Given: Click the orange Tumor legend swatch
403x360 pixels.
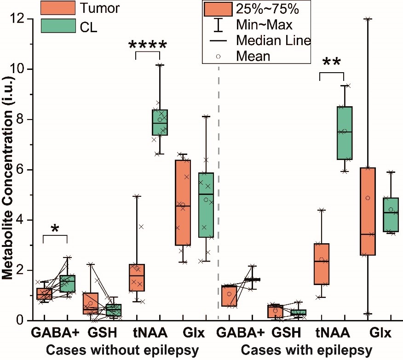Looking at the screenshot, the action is click(x=58, y=8).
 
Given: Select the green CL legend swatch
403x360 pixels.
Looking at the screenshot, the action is click(x=58, y=26).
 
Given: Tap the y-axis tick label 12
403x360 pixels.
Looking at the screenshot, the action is click(x=18, y=18).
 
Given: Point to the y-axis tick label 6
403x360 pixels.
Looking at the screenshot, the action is click(x=22, y=170).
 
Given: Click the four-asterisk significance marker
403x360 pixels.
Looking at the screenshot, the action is click(x=148, y=46).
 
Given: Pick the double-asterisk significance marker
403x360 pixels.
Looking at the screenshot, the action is click(x=332, y=62).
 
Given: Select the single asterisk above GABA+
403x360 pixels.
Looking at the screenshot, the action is click(x=55, y=229).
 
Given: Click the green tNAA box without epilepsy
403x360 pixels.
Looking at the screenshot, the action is click(x=160, y=122).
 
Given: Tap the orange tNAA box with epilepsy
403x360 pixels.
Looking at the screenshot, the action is click(x=322, y=264).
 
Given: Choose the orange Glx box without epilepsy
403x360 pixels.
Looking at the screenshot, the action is click(x=183, y=203).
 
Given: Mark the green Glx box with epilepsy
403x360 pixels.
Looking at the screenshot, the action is click(x=391, y=215).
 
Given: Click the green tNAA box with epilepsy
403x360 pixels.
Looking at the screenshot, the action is click(x=345, y=133).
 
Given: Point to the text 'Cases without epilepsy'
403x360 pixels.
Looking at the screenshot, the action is click(x=122, y=350).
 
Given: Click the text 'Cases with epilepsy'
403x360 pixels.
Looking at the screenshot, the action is click(x=306, y=350).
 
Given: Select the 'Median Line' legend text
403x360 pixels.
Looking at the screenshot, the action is click(x=273, y=40).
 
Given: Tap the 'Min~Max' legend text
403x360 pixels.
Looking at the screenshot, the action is click(x=264, y=25).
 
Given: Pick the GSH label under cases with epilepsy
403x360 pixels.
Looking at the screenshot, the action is click(x=286, y=333).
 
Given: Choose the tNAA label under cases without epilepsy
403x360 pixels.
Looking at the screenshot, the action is click(x=150, y=333).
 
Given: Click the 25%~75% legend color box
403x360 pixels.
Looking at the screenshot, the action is click(x=218, y=9).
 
